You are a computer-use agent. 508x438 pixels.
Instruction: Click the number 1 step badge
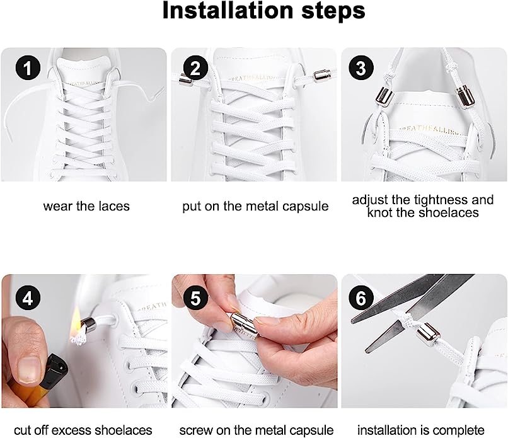point(28,68)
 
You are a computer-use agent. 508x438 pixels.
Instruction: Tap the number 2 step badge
point(195,68)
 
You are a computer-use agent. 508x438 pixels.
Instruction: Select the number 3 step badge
point(361,68)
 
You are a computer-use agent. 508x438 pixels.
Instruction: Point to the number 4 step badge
point(28,298)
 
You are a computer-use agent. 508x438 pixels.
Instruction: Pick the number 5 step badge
point(195,298)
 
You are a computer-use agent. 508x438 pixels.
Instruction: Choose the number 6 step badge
point(361,298)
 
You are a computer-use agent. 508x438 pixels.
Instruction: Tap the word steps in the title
point(333,13)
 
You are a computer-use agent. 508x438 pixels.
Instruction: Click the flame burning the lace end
point(76,321)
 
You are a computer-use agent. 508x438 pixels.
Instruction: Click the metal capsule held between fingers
point(243,326)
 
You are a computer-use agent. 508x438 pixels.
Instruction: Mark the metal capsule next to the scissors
point(428,335)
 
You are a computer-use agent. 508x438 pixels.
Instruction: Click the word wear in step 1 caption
point(58,206)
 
